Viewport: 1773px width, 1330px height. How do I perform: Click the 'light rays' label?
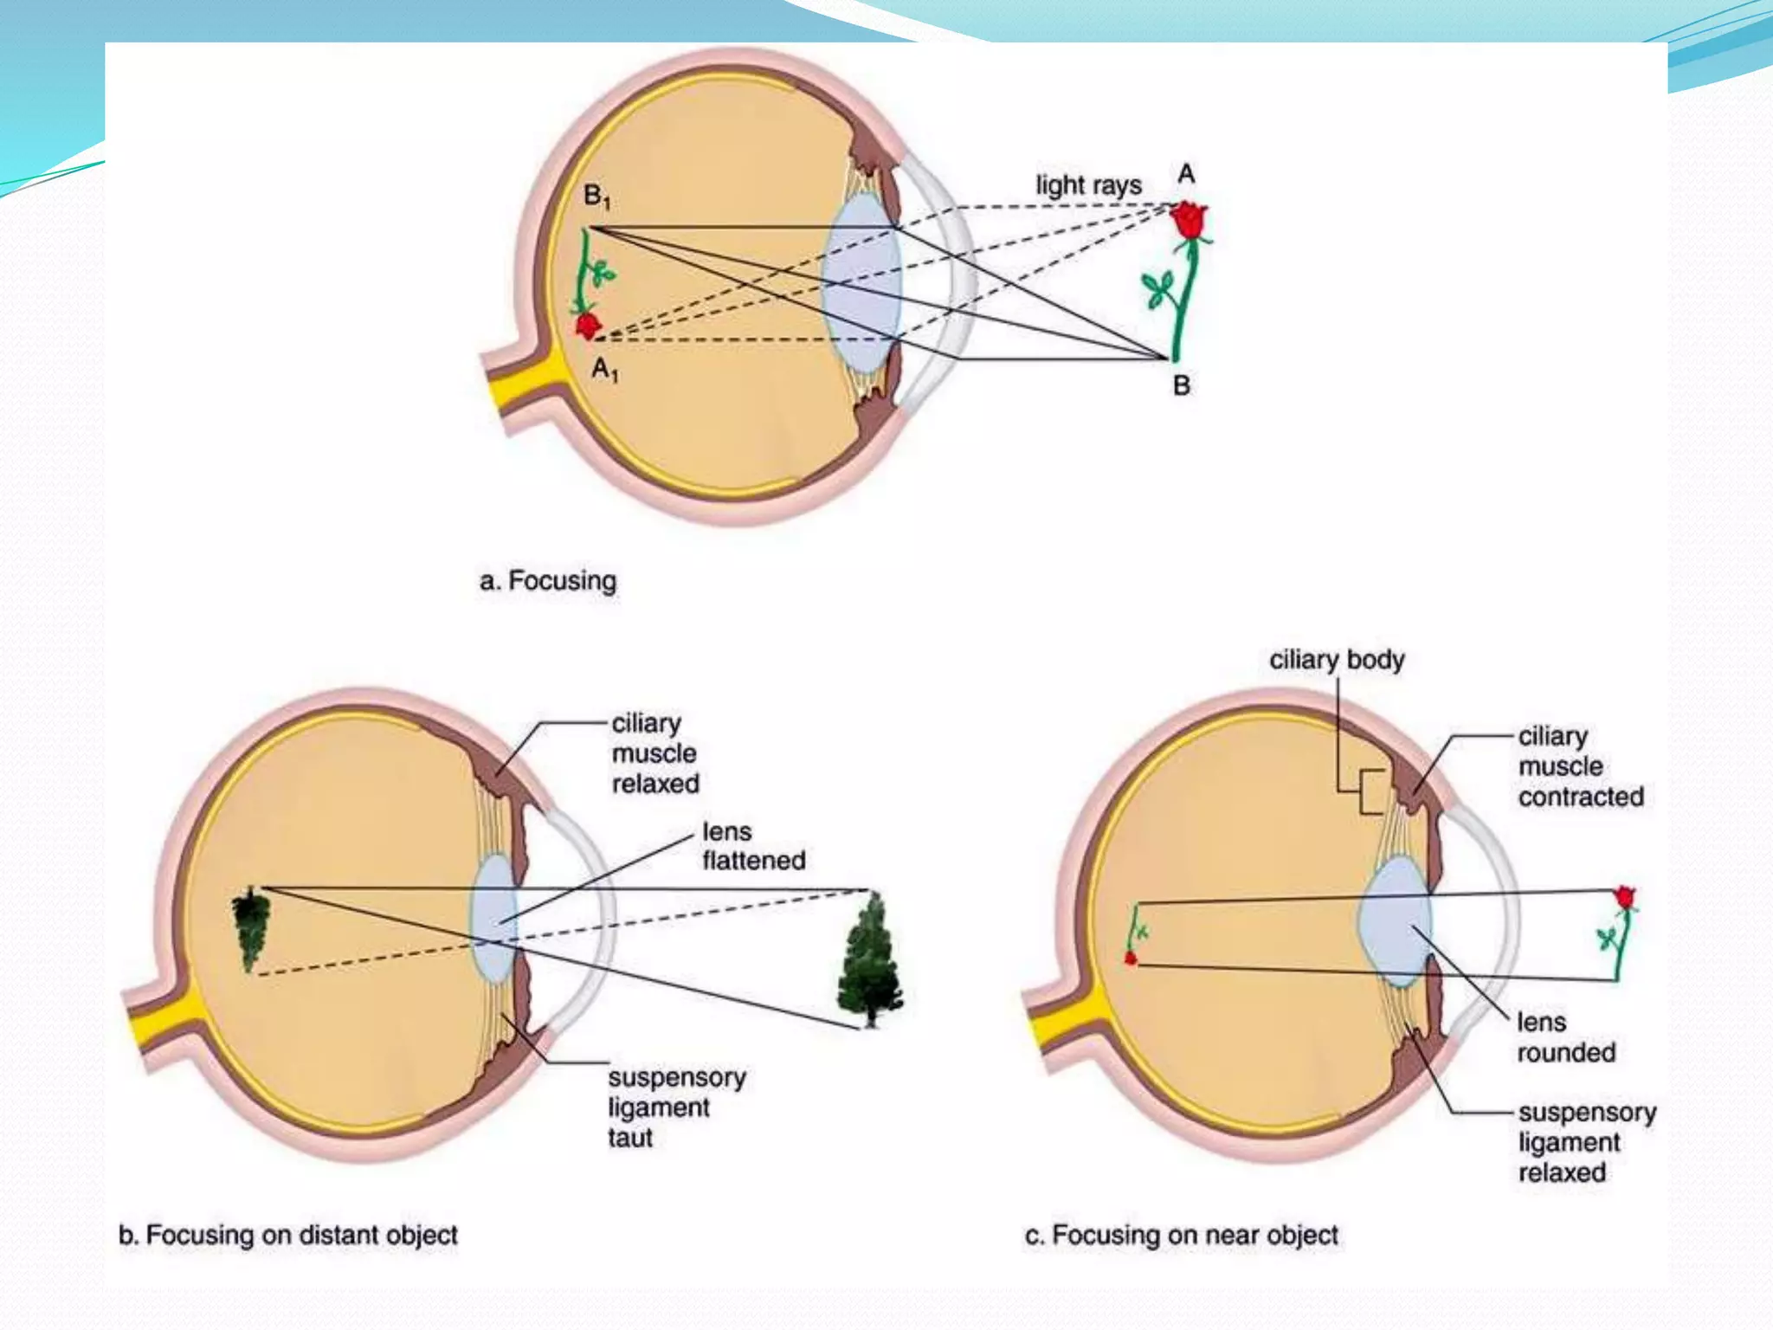(x=1088, y=185)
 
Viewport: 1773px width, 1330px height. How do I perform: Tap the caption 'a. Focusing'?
(x=548, y=580)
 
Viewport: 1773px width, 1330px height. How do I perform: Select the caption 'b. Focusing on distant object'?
(x=288, y=1235)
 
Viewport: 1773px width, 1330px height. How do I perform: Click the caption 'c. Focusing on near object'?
(x=1182, y=1235)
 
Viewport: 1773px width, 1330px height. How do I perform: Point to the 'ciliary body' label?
(x=1337, y=660)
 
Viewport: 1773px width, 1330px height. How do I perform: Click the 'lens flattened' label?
(x=753, y=846)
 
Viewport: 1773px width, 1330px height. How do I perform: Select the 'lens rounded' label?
(x=1566, y=1037)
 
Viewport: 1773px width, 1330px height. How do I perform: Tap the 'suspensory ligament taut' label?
(x=677, y=1107)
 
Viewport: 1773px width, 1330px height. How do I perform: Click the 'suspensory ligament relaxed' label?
(x=1587, y=1142)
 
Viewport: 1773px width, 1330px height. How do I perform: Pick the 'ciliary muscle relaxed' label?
(x=655, y=753)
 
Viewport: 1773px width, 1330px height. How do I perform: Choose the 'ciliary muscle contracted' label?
(x=1581, y=766)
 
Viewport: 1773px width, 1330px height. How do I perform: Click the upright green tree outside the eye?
(x=870, y=960)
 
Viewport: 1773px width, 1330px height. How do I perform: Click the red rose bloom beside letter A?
(x=1189, y=220)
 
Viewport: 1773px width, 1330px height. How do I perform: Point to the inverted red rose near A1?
(x=588, y=326)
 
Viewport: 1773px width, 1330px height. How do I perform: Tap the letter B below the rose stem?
(x=1182, y=385)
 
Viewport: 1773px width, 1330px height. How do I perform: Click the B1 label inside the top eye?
(x=596, y=197)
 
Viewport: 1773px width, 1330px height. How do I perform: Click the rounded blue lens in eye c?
(x=1395, y=921)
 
